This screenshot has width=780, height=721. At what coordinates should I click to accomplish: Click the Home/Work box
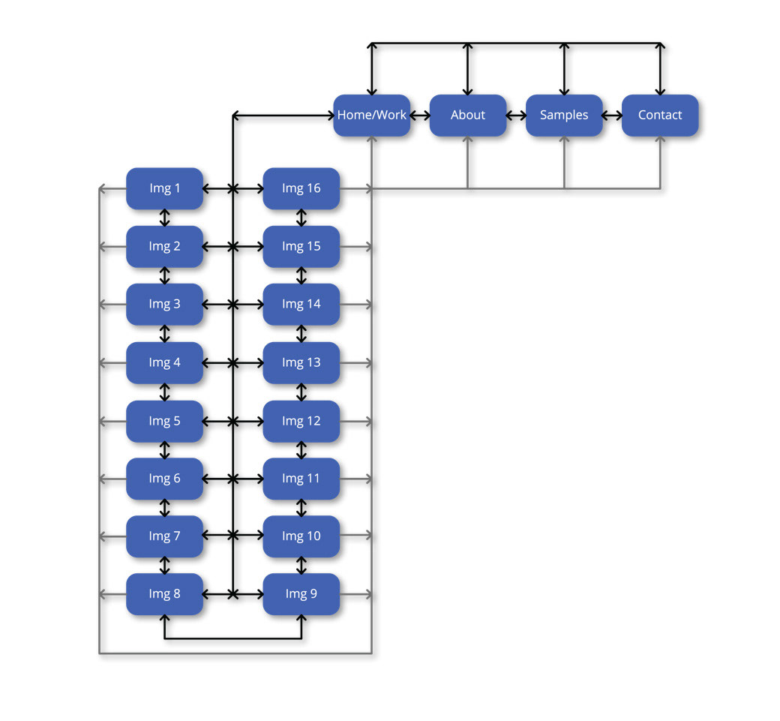point(372,116)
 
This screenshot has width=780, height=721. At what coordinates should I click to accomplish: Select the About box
point(468,116)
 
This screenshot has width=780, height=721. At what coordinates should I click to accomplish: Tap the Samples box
point(564,116)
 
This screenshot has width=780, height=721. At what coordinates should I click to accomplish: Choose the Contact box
point(660,116)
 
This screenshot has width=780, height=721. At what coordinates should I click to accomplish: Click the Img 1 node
point(165,188)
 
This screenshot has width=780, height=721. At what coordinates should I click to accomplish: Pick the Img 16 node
point(301,188)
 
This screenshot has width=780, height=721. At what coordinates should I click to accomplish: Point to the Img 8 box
point(165,594)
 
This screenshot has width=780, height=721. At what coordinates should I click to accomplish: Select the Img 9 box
point(301,594)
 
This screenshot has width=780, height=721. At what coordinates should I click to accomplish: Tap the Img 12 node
point(301,421)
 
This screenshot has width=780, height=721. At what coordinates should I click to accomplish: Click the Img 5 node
point(165,421)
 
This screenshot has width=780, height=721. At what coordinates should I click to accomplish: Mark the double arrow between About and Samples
point(516,116)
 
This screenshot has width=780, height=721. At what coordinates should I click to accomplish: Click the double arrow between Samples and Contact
point(612,116)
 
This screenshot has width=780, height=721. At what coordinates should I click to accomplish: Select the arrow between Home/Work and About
point(420,116)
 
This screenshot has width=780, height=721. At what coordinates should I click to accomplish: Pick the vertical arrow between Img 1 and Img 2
point(165,218)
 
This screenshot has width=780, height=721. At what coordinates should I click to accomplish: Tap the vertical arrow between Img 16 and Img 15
point(301,218)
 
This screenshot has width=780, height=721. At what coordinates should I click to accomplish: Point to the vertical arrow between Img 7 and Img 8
point(165,566)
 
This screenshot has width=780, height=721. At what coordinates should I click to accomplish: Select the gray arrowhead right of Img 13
point(367,363)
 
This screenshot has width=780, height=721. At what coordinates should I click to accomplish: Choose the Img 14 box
point(301,305)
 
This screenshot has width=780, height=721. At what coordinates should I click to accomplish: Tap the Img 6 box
point(165,479)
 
